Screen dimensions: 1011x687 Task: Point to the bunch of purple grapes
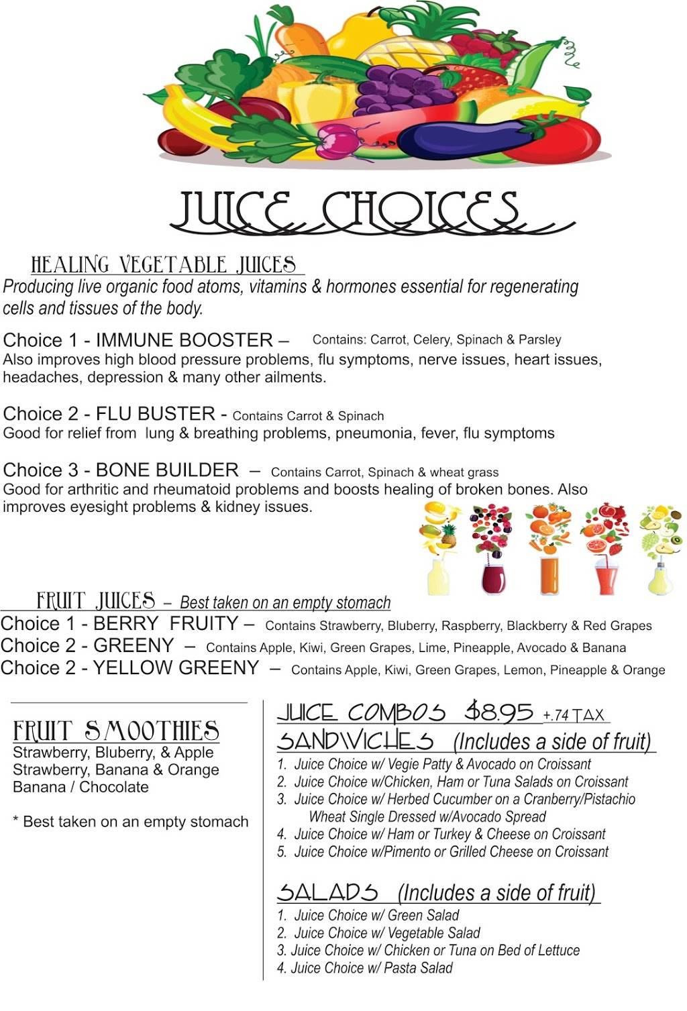pos(396,91)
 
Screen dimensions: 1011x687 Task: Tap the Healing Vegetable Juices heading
pos(164,265)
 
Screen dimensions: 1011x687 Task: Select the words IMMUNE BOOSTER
pos(184,340)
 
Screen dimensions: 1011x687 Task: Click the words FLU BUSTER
pos(156,414)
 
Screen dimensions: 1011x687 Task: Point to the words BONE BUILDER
pos(167,470)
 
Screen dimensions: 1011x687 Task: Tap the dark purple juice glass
pos(494,577)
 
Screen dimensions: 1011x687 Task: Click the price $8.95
pos(500,712)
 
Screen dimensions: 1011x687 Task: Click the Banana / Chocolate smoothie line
pos(81,787)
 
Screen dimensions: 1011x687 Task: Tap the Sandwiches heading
pos(356,741)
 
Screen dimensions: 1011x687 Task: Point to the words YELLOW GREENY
pos(176,668)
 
